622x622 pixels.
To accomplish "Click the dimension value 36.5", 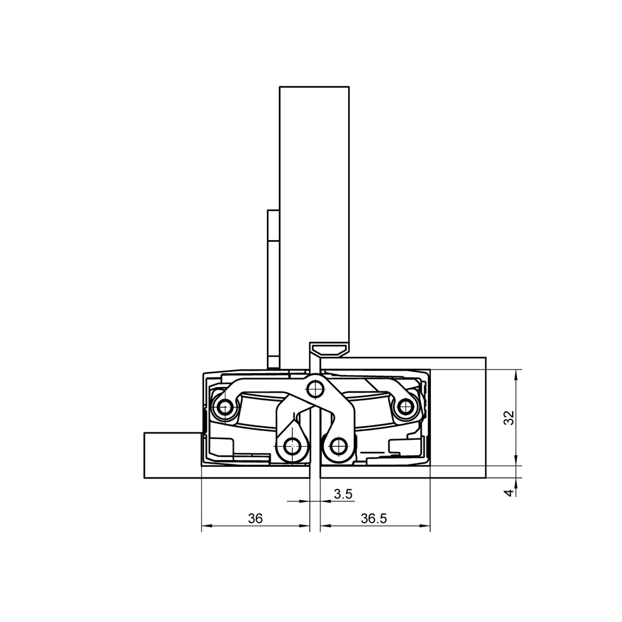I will [x=375, y=518].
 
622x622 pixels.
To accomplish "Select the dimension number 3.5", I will [x=343, y=494].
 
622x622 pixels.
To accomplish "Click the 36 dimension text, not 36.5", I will [x=254, y=518].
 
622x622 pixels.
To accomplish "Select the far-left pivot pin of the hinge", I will [x=224, y=408].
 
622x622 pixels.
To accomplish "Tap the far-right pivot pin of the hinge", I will [x=405, y=408].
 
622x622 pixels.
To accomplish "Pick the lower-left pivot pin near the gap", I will [x=291, y=447].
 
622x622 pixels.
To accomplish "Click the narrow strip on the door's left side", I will [x=273, y=289].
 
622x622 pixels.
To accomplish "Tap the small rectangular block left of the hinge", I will [x=172, y=455].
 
